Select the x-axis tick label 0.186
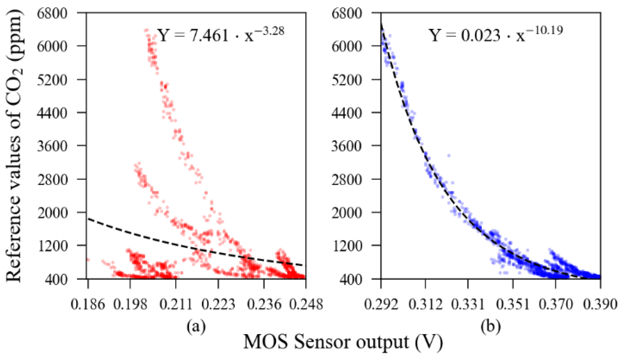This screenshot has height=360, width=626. pos(87,305)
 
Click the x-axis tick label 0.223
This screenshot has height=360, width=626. pos(218,305)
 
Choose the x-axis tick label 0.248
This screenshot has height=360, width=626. pos(306,305)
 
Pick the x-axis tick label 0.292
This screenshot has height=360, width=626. pos(381,305)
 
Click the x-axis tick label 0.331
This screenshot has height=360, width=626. pos(468,305)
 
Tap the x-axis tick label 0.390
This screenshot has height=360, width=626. pos(600,305)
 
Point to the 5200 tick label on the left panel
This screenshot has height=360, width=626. pos(52,80)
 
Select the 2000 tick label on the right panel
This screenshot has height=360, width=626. pos(347,213)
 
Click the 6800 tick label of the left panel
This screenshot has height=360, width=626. pos(52,14)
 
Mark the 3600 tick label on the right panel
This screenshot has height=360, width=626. pos(347,146)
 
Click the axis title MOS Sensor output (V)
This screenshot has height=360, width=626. pos(343,342)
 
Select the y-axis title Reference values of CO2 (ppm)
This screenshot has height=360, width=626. pos(14,145)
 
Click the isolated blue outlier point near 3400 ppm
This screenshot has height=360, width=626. pos(449,156)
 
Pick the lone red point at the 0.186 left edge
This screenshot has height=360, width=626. pos(88,260)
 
